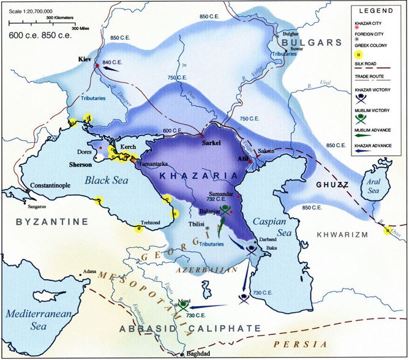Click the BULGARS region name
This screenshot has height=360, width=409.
tap(312, 42)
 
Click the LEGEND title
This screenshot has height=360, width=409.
tap(376, 11)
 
